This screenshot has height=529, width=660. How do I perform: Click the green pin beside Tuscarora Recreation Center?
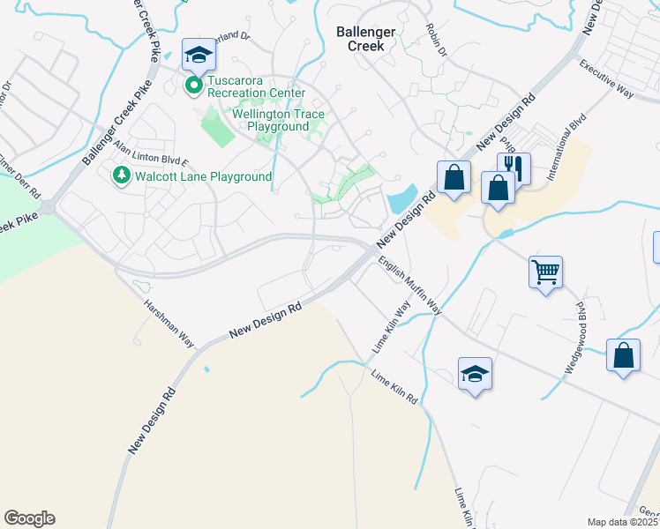click(194, 86)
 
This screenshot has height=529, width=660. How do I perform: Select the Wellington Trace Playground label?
click(279, 121)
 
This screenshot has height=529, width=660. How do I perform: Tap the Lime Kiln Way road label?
click(391, 329)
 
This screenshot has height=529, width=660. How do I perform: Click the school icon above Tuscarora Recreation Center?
click(199, 55)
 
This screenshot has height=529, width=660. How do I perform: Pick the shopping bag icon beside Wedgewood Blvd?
click(624, 356)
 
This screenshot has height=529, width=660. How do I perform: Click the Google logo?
click(29, 518)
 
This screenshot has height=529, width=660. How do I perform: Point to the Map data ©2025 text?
click(623, 522)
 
